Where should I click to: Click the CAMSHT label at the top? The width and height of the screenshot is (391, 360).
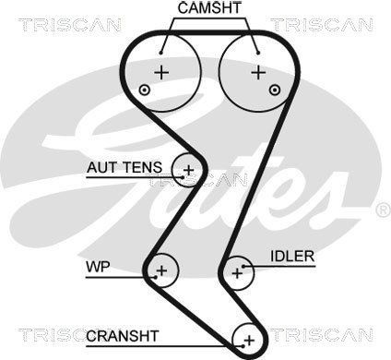click(x=209, y=7)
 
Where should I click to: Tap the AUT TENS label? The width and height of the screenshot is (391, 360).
click(x=124, y=168)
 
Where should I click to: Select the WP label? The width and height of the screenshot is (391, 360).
click(x=98, y=267)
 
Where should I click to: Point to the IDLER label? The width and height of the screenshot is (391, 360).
click(x=292, y=257)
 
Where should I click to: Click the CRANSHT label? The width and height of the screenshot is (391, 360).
click(x=123, y=336)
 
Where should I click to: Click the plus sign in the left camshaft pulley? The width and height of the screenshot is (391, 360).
click(x=161, y=73)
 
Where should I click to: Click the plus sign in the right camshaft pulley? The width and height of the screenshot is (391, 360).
click(x=258, y=73)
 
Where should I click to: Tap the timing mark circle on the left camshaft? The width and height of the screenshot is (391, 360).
click(x=144, y=90)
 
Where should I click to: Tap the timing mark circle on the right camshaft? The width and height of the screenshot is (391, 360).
click(x=275, y=90)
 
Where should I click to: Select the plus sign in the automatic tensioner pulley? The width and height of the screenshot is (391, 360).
click(x=189, y=170)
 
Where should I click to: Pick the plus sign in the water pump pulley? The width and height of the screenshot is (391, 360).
click(x=161, y=270)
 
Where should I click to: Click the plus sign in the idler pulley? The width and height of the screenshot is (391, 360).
click(x=237, y=273)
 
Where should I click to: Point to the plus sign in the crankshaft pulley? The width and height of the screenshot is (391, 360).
click(x=250, y=341)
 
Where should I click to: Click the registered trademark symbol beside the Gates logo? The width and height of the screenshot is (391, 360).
click(x=384, y=210)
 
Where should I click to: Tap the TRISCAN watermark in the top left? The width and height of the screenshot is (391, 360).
click(x=70, y=25)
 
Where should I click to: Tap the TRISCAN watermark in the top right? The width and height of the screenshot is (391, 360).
click(x=322, y=25)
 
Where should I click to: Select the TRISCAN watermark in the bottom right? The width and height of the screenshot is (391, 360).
click(x=322, y=335)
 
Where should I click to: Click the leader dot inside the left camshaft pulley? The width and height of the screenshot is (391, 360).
click(x=160, y=53)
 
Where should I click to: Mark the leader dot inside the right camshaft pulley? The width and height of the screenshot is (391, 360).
click(x=258, y=53)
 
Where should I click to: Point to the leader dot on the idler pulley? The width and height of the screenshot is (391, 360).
click(x=243, y=267)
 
